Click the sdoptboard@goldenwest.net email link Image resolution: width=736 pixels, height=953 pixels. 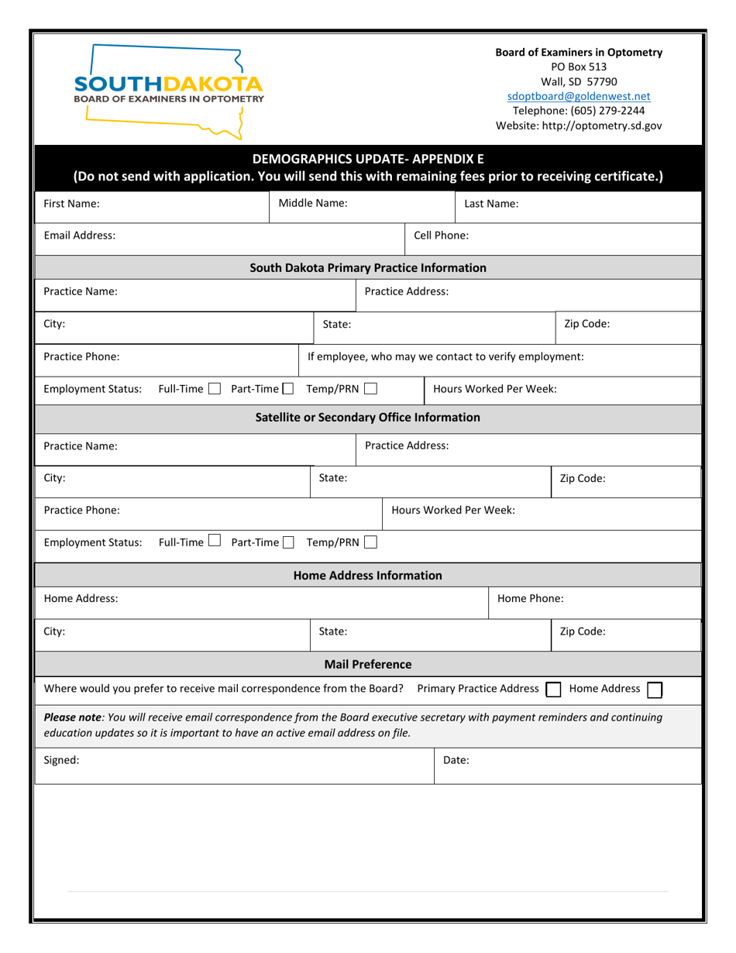point(579,96)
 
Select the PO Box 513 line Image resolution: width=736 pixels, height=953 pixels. point(579,67)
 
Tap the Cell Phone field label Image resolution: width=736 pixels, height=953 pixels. point(441,235)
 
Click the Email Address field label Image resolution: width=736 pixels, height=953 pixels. point(80,235)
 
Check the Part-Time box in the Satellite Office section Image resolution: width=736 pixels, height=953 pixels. point(289,542)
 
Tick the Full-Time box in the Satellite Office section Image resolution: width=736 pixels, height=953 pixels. point(215,542)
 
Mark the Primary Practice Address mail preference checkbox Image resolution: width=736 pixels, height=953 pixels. point(553,690)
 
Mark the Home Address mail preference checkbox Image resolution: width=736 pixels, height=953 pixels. point(655,690)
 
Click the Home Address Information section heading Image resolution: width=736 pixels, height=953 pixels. point(368,576)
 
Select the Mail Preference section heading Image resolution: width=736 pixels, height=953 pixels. point(368,665)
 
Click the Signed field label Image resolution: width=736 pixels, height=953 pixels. point(61,760)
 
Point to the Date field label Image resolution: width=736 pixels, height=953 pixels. point(456,761)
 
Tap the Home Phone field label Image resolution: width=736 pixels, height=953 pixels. point(530,598)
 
